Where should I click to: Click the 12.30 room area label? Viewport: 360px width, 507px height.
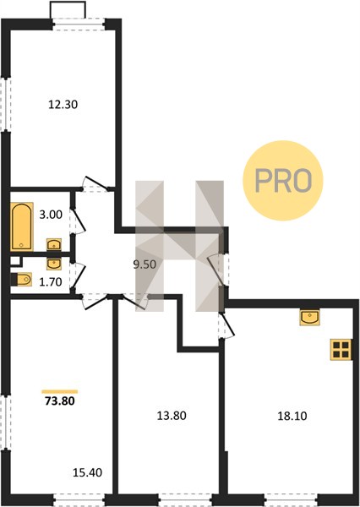tap(63, 105)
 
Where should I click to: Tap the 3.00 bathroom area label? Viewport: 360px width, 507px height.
tap(51, 215)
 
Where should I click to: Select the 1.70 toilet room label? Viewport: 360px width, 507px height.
tap(51, 282)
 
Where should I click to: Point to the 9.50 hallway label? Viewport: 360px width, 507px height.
tap(145, 264)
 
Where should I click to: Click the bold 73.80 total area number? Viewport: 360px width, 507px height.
tap(60, 401)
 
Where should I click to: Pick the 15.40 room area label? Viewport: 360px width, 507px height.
tap(87, 472)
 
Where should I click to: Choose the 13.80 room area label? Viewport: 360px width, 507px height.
tap(172, 416)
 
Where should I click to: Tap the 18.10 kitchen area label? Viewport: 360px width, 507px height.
tap(292, 416)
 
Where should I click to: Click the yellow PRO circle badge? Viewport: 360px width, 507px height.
tap(283, 181)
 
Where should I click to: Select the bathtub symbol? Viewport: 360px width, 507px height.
tap(22, 226)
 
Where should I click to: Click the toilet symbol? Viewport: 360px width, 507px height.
tap(21, 280)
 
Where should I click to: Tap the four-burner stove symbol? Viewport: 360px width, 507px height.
tap(341, 350)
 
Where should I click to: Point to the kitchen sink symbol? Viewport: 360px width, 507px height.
tap(309, 317)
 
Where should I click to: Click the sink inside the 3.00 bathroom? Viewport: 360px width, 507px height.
tap(54, 244)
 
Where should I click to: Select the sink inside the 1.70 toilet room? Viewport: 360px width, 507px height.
tap(54, 264)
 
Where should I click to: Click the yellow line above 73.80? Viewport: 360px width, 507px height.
tap(60, 391)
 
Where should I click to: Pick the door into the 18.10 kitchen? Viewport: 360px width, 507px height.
tap(226, 326)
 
